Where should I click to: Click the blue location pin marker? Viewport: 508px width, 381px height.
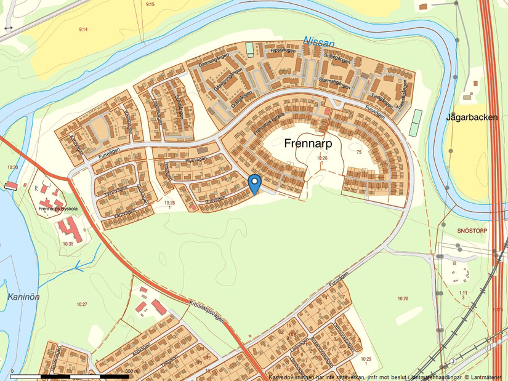point(254,183)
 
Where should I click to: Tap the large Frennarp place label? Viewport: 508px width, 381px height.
point(313,143)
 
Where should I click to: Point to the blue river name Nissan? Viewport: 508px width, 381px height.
point(318,42)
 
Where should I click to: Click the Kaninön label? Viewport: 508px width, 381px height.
point(24,297)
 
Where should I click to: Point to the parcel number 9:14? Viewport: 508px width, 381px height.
point(84,29)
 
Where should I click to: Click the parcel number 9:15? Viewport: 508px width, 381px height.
point(150,4)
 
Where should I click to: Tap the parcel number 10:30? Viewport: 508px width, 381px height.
point(12,167)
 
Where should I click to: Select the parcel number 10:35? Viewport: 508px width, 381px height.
point(67,244)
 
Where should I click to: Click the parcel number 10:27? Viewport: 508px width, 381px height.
point(82,304)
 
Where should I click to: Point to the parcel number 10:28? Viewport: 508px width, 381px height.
point(403,299)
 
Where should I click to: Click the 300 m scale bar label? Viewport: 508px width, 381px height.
point(132,371)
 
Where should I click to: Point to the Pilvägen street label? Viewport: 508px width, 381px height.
point(193,159)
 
